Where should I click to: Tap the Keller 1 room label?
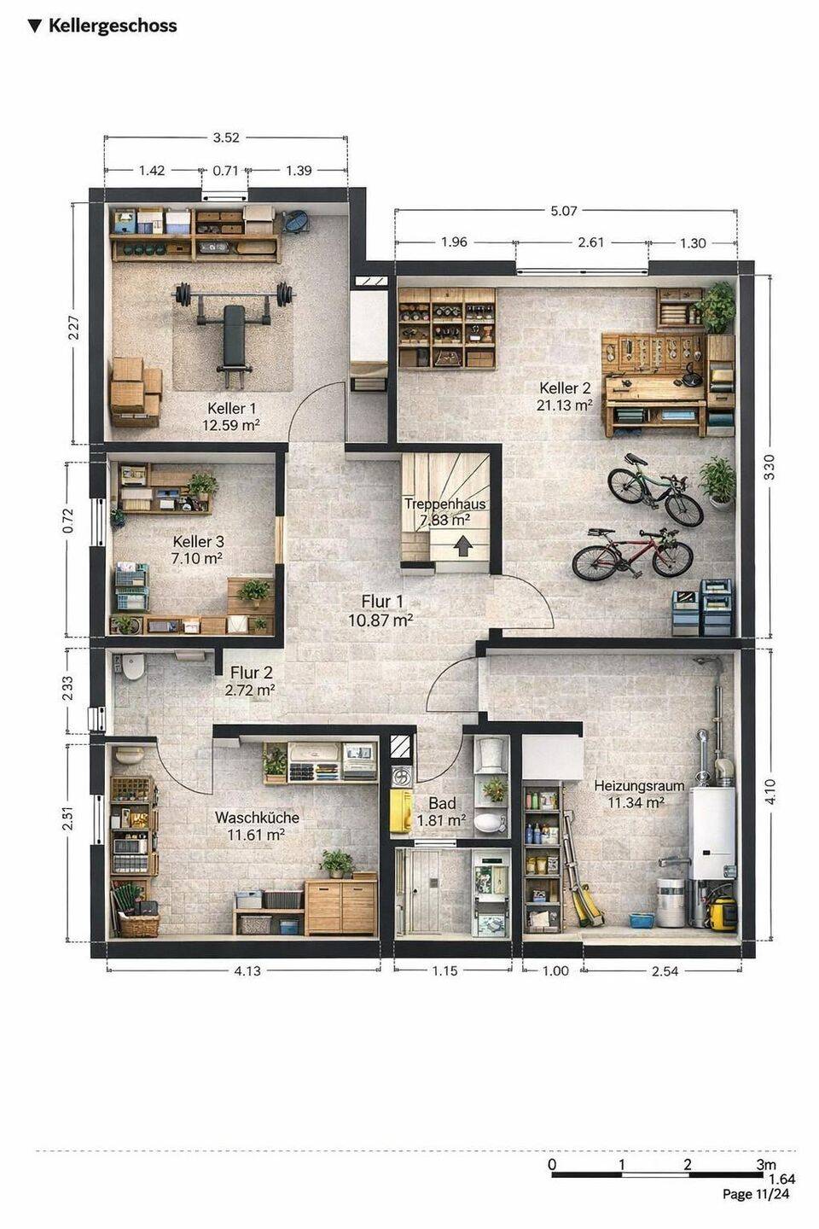tap(231, 408)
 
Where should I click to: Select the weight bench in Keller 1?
tap(234, 335)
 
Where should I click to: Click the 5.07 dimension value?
tap(563, 210)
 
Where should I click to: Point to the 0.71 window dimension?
tap(225, 171)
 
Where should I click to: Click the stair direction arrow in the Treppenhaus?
tap(463, 546)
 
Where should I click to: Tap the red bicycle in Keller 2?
tap(632, 554)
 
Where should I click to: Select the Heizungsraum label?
tap(639, 785)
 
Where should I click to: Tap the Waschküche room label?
tap(257, 817)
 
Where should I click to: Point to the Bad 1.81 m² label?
tap(442, 812)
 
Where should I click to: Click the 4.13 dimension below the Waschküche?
tap(247, 970)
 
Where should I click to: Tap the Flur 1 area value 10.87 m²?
tap(380, 620)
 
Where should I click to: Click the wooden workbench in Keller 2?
tap(654, 384)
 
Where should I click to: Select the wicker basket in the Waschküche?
tap(139, 925)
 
